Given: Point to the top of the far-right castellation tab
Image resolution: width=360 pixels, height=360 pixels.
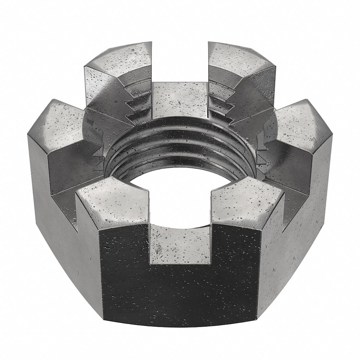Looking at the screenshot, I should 302,123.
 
